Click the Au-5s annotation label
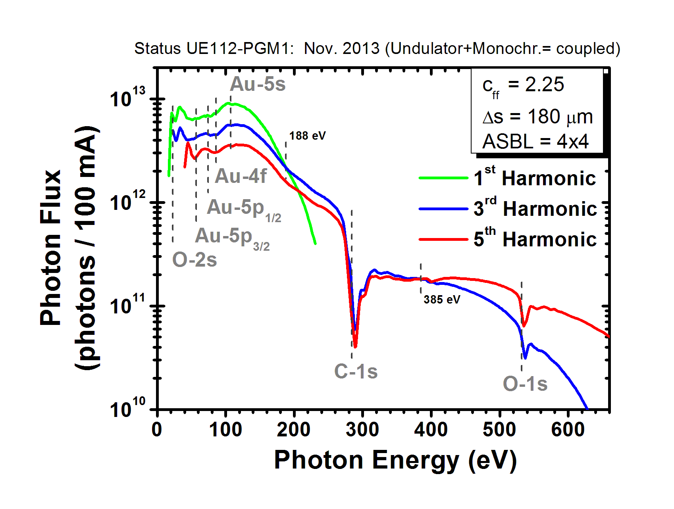point(258,84)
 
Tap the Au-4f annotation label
point(241,176)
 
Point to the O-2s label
point(194,260)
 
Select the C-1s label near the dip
point(356,372)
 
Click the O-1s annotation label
point(525,384)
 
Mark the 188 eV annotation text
point(307,136)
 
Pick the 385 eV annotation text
point(441,300)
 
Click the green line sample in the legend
point(443,178)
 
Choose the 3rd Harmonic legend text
point(535,209)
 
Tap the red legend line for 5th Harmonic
point(443,239)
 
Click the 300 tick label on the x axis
point(362,430)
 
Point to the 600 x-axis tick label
point(568,430)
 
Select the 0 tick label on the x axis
point(157,430)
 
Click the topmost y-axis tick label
point(128,98)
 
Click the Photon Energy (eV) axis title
point(395,461)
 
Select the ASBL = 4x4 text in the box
point(535,142)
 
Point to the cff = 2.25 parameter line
point(523,85)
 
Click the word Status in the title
point(157,48)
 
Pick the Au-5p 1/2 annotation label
point(244,209)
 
